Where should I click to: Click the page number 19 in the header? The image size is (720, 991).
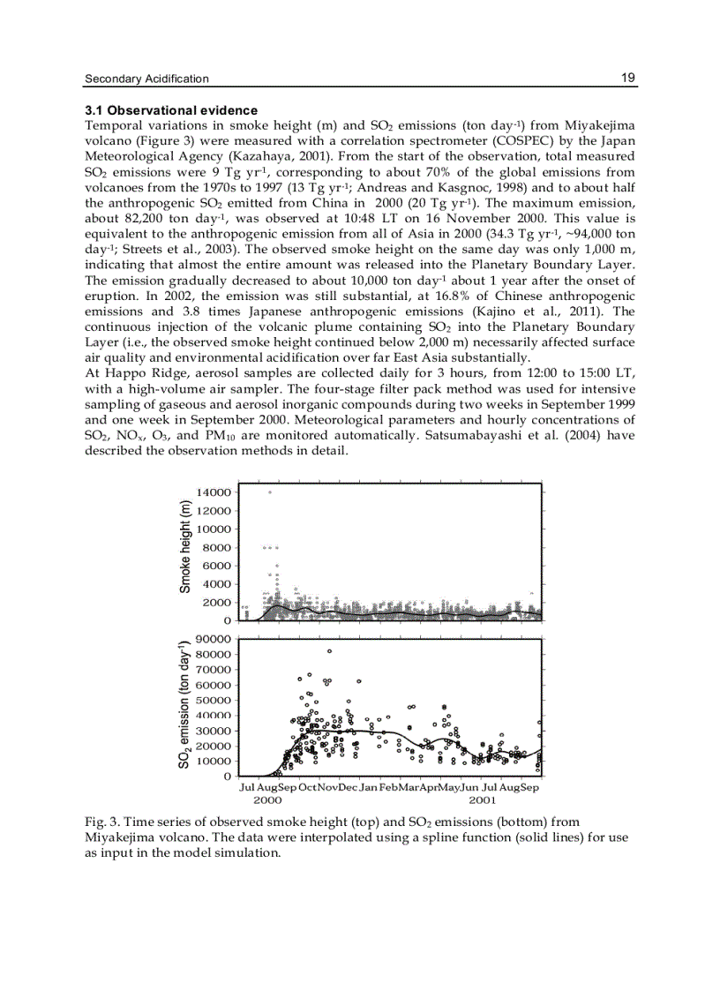628,78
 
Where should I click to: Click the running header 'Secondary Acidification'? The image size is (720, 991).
146,79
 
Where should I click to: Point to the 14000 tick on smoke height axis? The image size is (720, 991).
214,492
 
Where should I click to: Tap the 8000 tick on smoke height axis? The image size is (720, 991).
217,548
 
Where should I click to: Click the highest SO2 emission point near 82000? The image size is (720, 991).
329,651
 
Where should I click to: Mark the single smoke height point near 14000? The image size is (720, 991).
269,492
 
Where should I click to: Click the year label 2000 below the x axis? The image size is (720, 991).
267,800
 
